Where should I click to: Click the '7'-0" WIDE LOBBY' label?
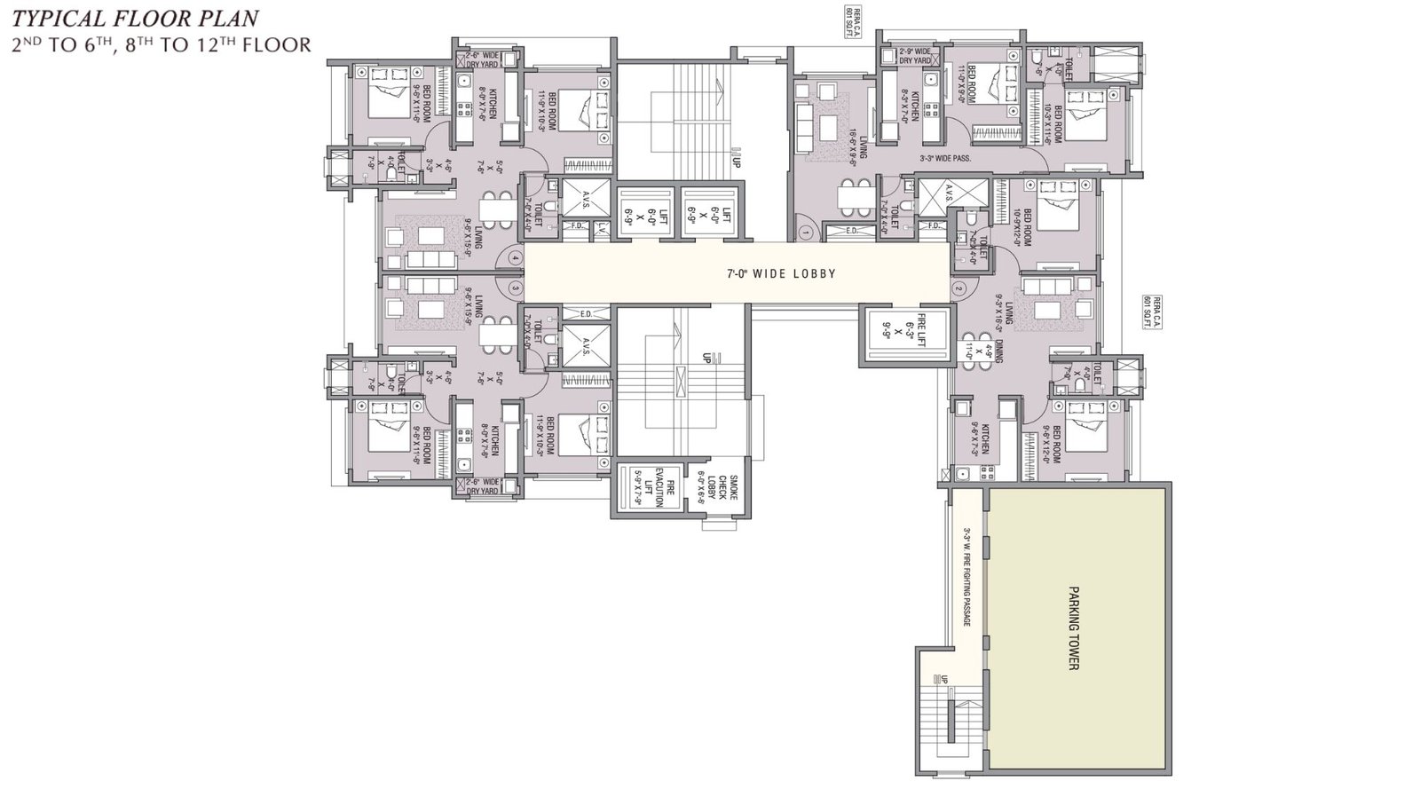pyautogui.click(x=780, y=274)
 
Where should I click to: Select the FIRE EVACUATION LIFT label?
pyautogui.click(x=655, y=488)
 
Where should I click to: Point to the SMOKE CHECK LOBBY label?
pyautogui.click(x=716, y=488)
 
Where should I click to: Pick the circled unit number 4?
pyautogui.click(x=516, y=258)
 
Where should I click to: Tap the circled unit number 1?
pyautogui.click(x=805, y=233)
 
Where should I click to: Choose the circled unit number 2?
pyautogui.click(x=958, y=288)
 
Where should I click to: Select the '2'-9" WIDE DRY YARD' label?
pyautogui.click(x=914, y=55)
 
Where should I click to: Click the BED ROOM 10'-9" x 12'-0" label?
pyautogui.click(x=1022, y=229)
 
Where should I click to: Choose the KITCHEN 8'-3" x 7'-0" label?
pyautogui.click(x=907, y=99)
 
